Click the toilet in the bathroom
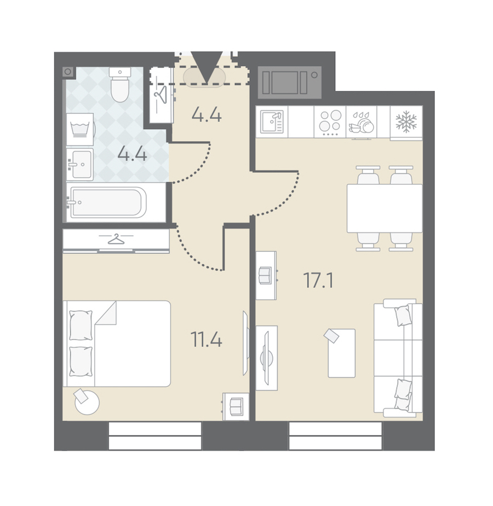pyautogui.click(x=119, y=84)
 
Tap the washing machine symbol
pyautogui.click(x=80, y=130)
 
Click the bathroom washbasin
pyautogui.click(x=81, y=164)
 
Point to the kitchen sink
pyautogui.click(x=272, y=121)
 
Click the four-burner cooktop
pyautogui.click(x=330, y=121)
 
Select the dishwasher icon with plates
pyautogui.click(x=362, y=123)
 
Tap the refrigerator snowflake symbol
pyautogui.click(x=406, y=121)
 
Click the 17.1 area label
pyautogui.click(x=319, y=280)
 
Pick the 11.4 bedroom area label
pyautogui.click(x=207, y=340)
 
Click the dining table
pyautogui.click(x=385, y=208)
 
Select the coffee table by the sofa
pyautogui.click(x=341, y=353)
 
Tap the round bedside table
pyautogui.click(x=87, y=403)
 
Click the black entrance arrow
pyautogui.click(x=207, y=67)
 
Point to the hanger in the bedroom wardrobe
pyautogui.click(x=116, y=240)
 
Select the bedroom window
pyautogui.click(x=155, y=435)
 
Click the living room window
pyautogui.click(x=335, y=435)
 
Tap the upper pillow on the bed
pyautogui.click(x=81, y=325)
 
